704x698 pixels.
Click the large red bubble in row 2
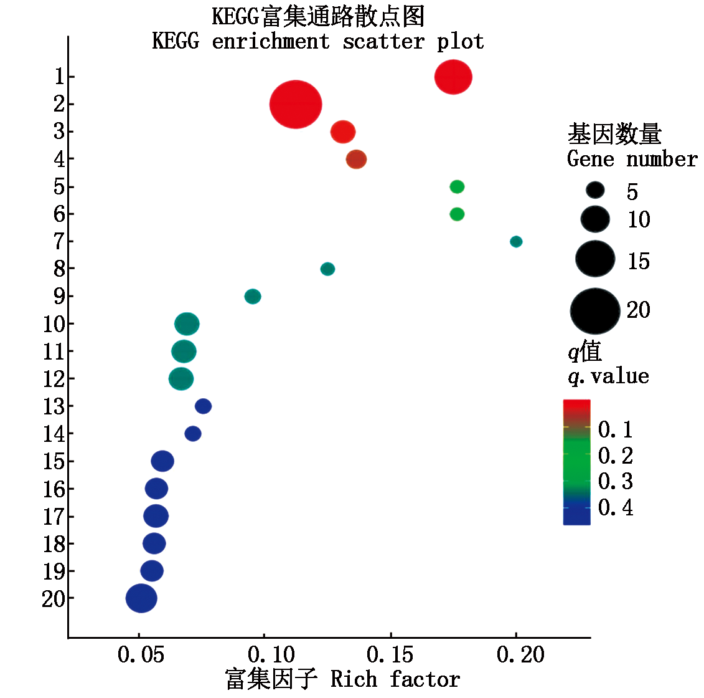tap(296, 105)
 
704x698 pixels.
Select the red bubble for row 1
tap(453, 77)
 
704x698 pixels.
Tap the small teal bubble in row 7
tap(516, 241)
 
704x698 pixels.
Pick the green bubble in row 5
tap(457, 186)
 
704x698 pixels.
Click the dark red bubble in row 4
tap(356, 160)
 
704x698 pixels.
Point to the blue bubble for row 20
tap(141, 598)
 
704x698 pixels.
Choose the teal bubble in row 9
tap(253, 296)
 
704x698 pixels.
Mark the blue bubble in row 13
tap(203, 406)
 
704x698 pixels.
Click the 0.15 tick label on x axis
tap(390, 655)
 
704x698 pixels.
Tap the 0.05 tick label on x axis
tap(141, 655)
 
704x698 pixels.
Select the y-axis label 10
tap(54, 325)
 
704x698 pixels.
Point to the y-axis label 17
tap(54, 517)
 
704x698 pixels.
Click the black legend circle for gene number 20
tap(595, 311)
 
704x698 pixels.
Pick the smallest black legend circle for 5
tap(595, 190)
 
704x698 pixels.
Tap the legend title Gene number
tap(632, 160)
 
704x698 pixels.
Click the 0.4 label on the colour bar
tap(615, 508)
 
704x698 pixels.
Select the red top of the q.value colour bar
tap(576, 406)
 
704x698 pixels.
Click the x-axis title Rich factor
tap(395, 679)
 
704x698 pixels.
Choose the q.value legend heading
tap(608, 376)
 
